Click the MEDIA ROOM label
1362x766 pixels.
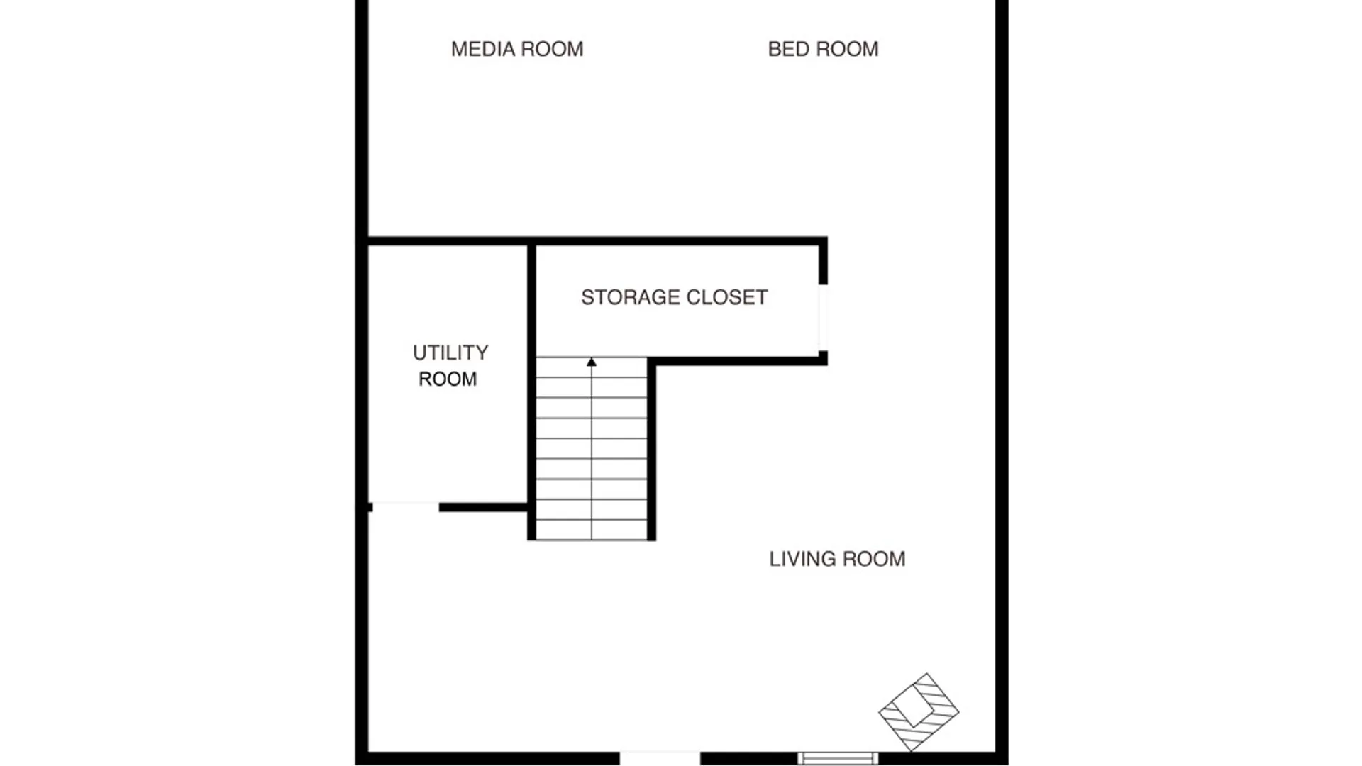click(517, 49)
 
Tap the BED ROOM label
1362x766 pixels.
click(823, 49)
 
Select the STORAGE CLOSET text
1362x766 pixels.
click(674, 297)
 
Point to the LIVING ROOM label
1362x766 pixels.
click(837, 559)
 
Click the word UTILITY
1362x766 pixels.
click(450, 353)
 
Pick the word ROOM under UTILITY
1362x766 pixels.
click(448, 379)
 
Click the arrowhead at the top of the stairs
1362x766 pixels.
click(592, 362)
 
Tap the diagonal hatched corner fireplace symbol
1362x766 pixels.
click(919, 711)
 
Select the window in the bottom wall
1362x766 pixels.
click(838, 758)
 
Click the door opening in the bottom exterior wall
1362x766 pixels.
click(660, 757)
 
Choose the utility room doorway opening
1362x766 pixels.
click(405, 506)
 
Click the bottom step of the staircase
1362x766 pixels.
click(592, 530)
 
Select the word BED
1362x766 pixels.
click(787, 49)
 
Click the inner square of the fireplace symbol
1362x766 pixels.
click(913, 706)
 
